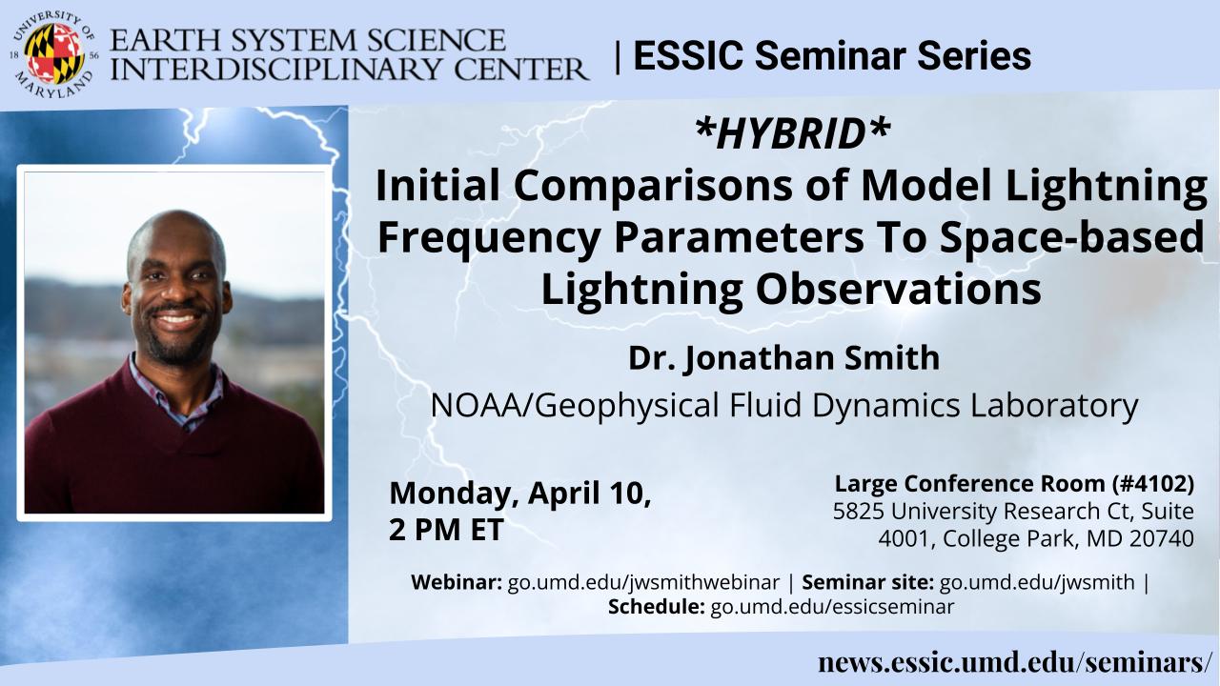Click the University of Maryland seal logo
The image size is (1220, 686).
click(x=54, y=54)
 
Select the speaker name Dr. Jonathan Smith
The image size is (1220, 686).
click(x=784, y=357)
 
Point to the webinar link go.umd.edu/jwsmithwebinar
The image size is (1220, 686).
click(x=643, y=582)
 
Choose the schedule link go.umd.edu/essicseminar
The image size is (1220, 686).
click(x=832, y=606)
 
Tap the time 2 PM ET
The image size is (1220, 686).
click(x=446, y=529)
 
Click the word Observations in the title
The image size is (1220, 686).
click(x=898, y=289)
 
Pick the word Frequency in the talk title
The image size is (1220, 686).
click(x=489, y=238)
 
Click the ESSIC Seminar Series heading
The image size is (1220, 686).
click(x=832, y=55)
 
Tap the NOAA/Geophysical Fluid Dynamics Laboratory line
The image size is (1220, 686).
click(x=784, y=405)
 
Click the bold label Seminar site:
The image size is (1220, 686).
click(x=867, y=582)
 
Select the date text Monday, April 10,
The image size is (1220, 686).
click(x=520, y=494)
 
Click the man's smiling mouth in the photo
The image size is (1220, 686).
click(x=175, y=319)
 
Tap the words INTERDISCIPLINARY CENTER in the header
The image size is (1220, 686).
click(x=349, y=70)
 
